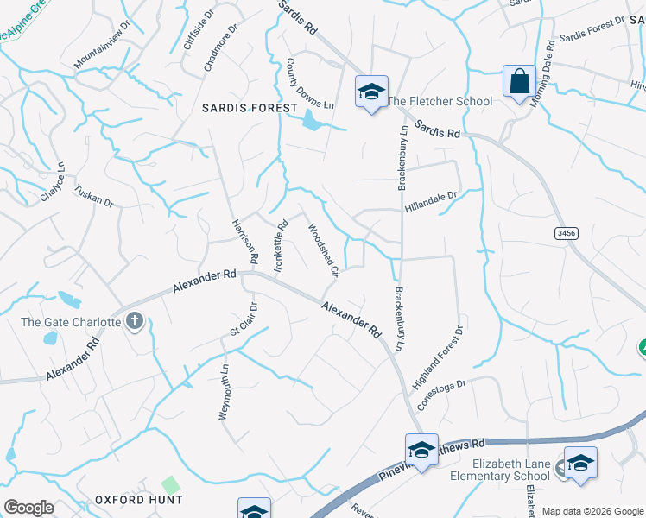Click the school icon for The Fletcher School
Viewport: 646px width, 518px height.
(x=371, y=92)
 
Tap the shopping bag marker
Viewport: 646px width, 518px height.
(x=519, y=83)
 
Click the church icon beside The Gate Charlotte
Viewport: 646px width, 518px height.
(x=134, y=322)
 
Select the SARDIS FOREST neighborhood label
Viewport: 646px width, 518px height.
(x=249, y=108)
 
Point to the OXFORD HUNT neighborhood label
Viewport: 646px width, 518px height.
(x=139, y=499)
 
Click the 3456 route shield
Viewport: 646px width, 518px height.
(x=566, y=233)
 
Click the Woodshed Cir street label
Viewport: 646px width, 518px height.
(x=322, y=250)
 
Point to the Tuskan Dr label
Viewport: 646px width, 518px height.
(x=94, y=195)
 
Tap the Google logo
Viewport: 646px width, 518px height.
(x=28, y=507)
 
